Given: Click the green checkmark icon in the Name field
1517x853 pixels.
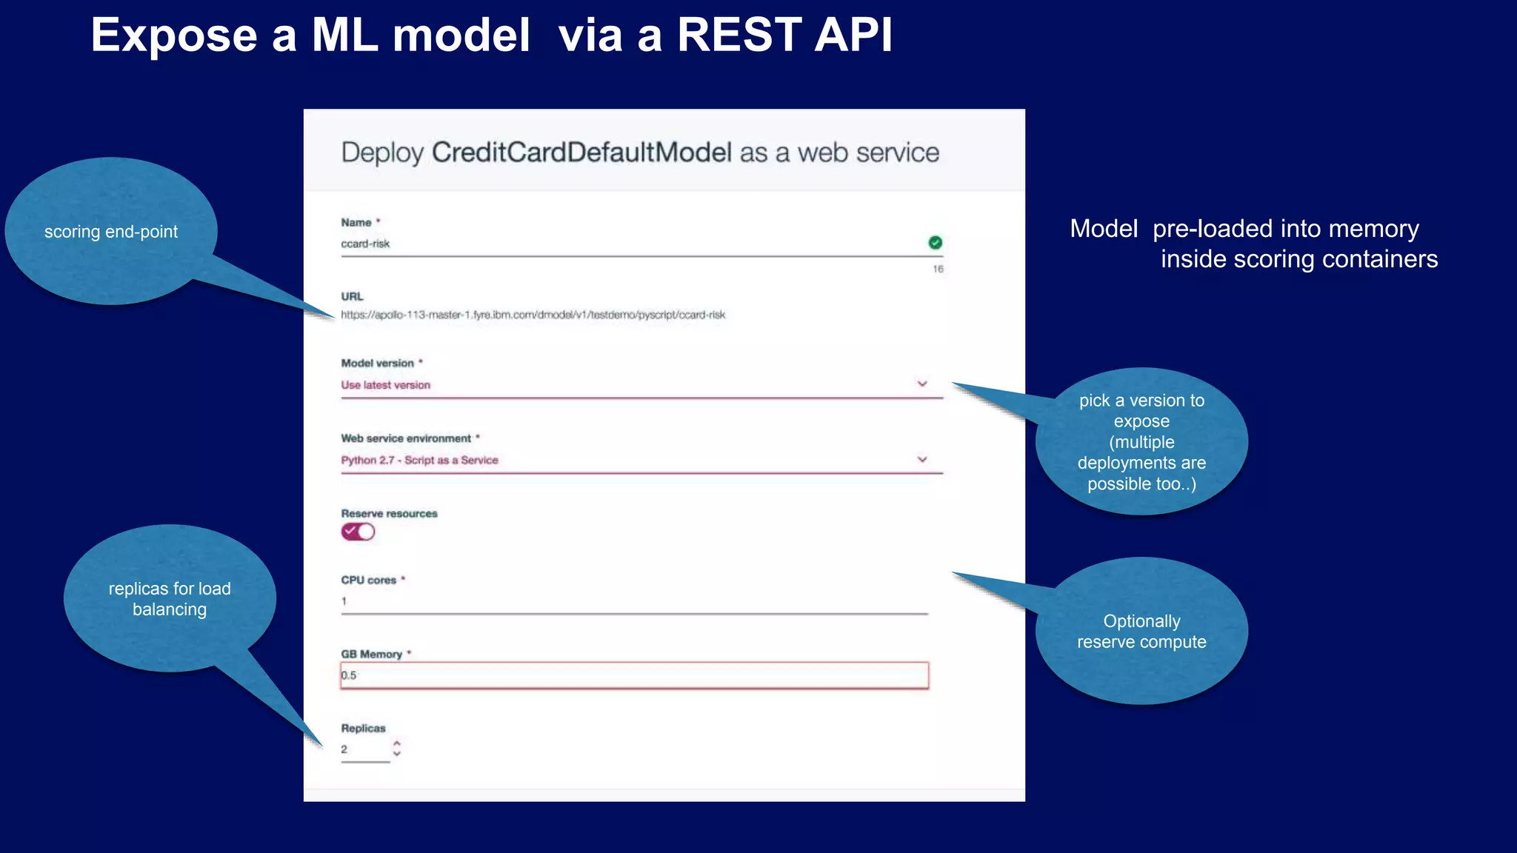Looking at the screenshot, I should (935, 243).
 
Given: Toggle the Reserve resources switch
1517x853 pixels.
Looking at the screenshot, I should (358, 532).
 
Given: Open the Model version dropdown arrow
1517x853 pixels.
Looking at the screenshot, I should (922, 384).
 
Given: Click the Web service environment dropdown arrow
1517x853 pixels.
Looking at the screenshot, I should (922, 459).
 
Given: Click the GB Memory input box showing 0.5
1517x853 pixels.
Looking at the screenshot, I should (634, 675).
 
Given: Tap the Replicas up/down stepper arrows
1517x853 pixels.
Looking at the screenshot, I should (397, 748).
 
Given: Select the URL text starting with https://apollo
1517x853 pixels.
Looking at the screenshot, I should (533, 315).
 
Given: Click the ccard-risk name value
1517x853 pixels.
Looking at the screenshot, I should (365, 244).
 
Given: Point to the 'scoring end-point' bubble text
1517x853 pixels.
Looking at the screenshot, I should (111, 232).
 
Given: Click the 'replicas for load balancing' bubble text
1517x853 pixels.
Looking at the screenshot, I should (170, 599).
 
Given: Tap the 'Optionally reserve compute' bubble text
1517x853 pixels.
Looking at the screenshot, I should (1141, 632).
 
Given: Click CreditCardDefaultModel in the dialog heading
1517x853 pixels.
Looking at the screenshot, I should (581, 153).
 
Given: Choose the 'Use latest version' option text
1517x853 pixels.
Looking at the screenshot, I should (385, 385).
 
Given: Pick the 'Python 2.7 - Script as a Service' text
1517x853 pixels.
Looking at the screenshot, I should (419, 460).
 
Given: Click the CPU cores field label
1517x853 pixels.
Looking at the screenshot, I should (369, 580).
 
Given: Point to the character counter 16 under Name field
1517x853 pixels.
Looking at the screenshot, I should (938, 269).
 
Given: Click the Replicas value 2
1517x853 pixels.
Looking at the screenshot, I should (344, 749).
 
